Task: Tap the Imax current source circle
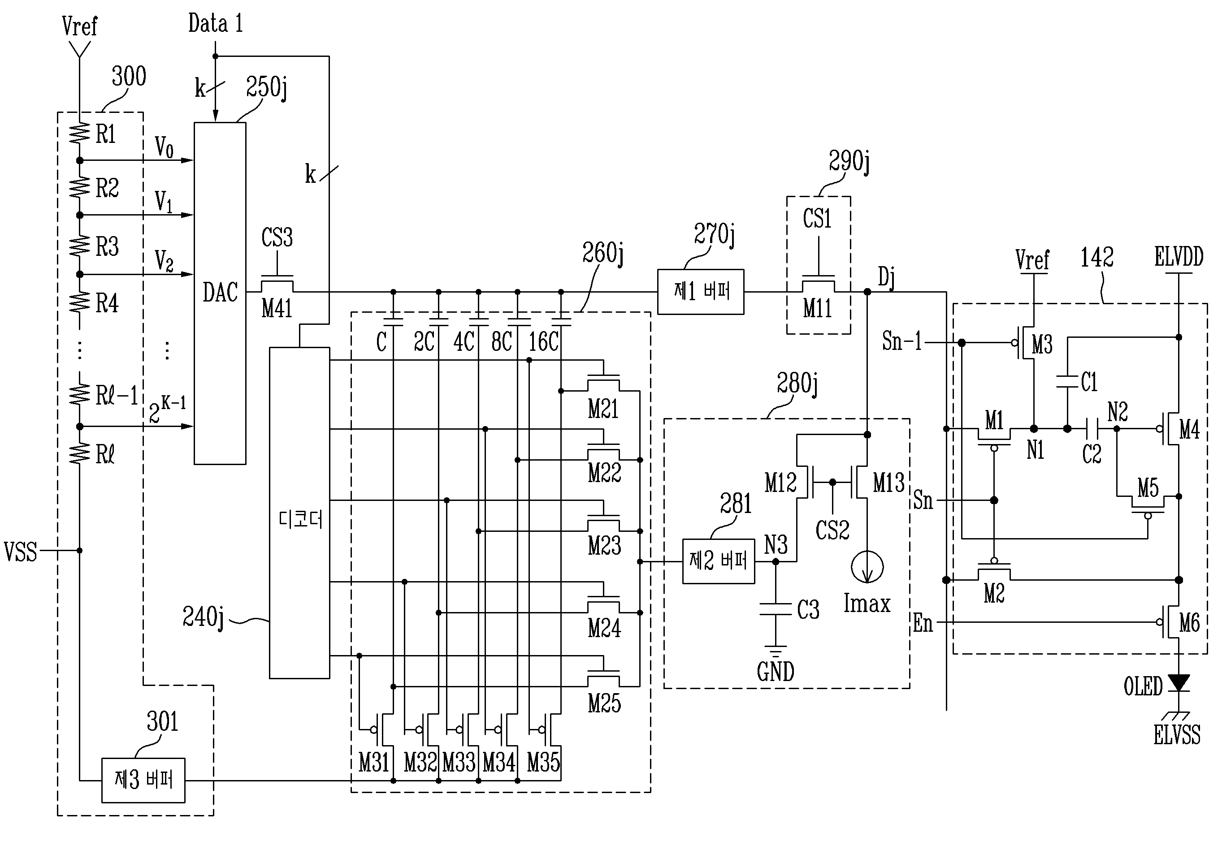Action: point(867,567)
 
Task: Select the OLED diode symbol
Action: point(1179,683)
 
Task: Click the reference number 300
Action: point(129,77)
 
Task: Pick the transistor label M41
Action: point(277,308)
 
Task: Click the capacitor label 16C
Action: point(543,342)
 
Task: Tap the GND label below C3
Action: point(776,672)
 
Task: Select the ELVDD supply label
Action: point(1179,257)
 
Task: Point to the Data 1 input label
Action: point(216,24)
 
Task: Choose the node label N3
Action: point(776,545)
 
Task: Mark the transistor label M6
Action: point(1189,623)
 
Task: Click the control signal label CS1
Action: point(817,219)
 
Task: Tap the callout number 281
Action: point(736,504)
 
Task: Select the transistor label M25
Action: point(604,703)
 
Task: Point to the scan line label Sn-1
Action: point(902,341)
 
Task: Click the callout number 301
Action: point(162,721)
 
